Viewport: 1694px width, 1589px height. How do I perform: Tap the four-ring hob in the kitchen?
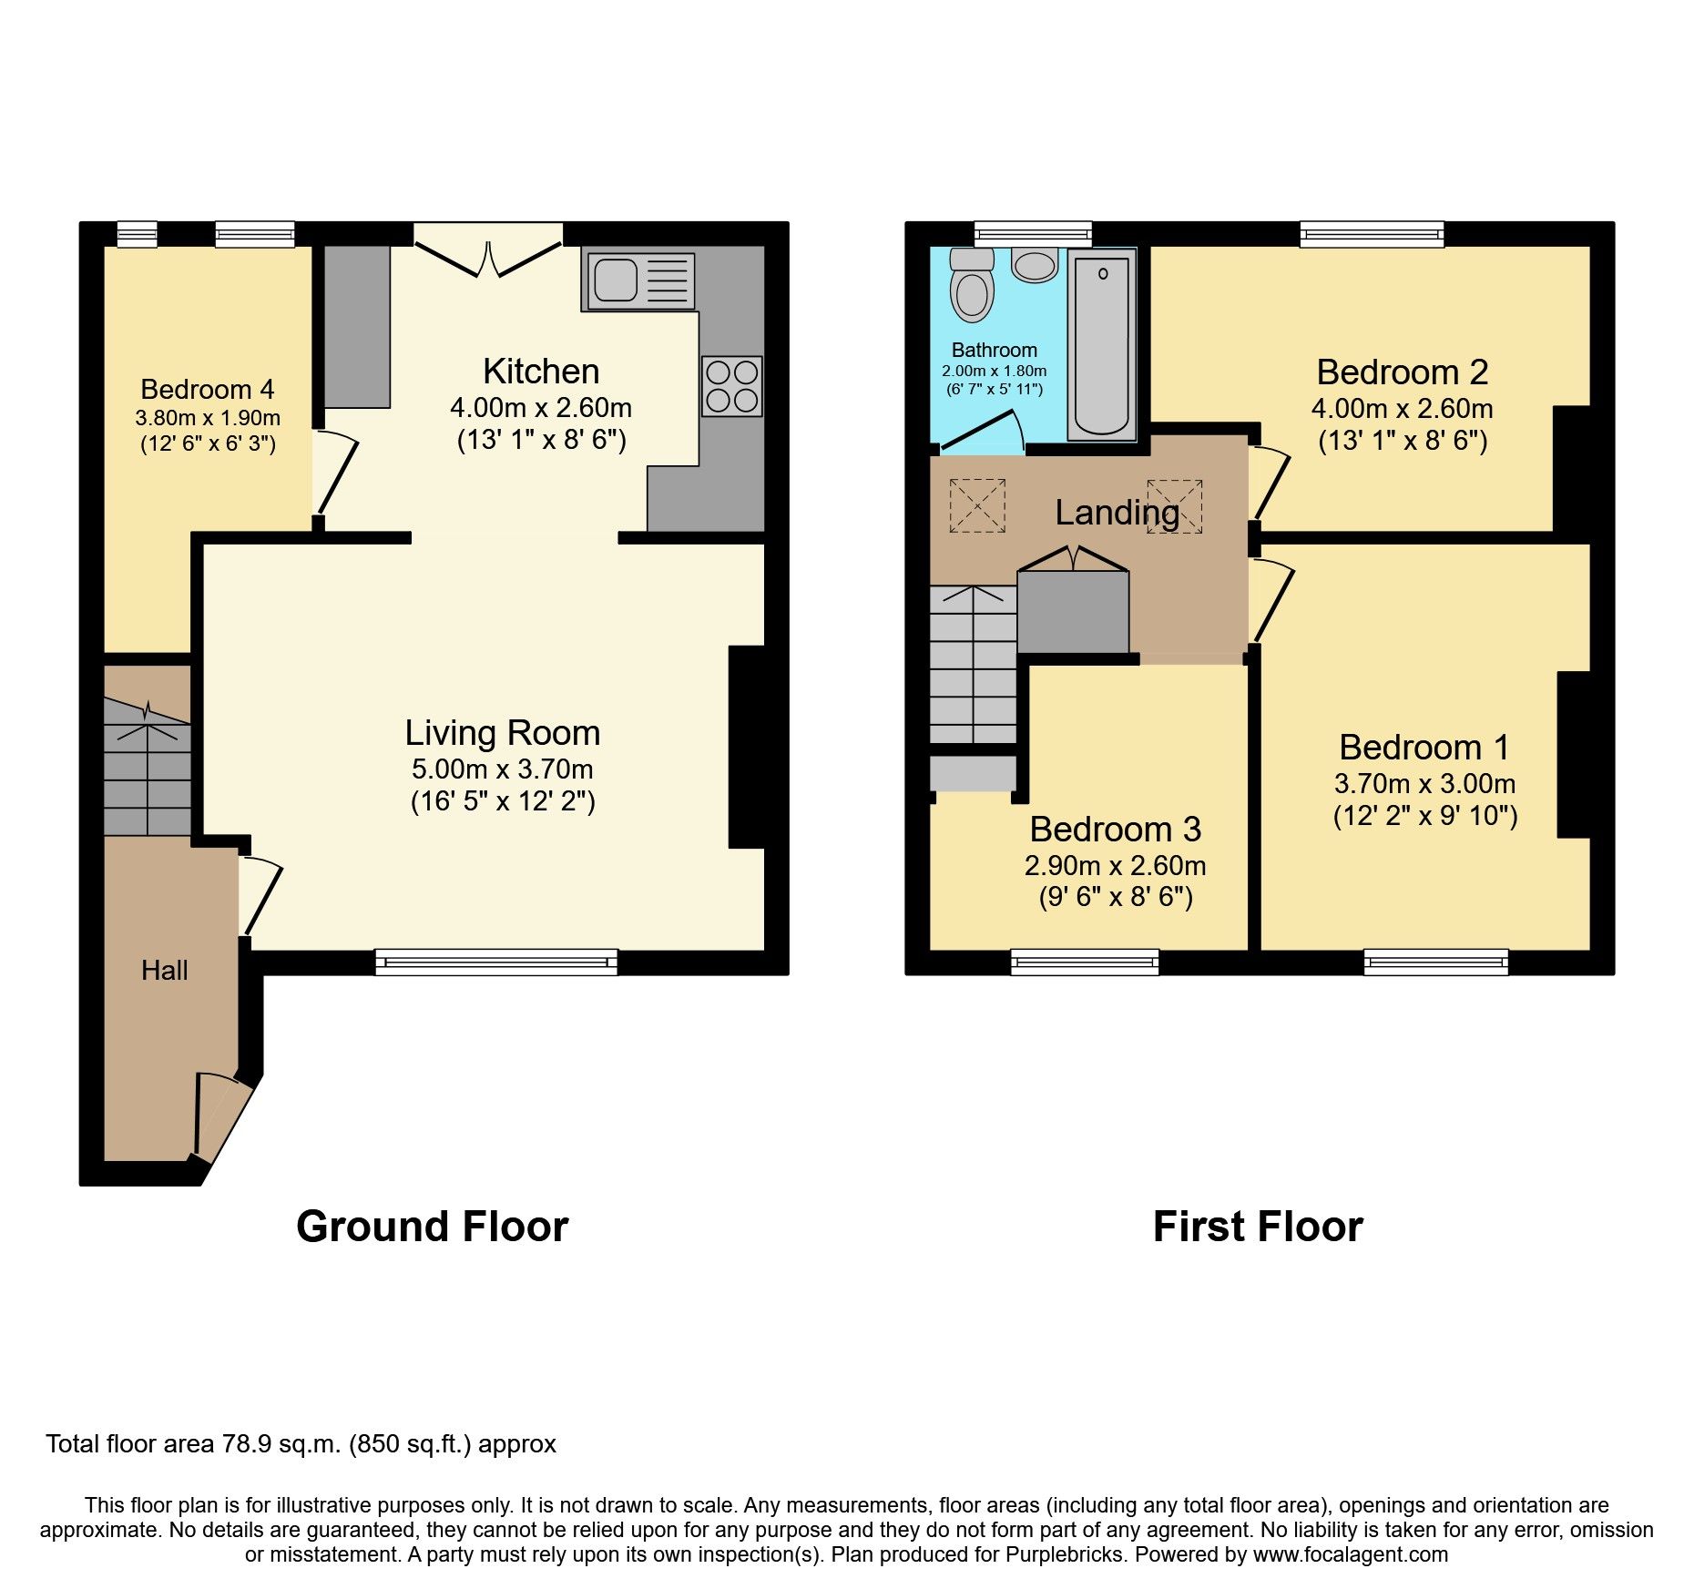[731, 386]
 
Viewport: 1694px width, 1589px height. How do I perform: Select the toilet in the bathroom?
[972, 287]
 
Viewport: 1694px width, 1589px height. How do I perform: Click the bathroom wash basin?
[1034, 265]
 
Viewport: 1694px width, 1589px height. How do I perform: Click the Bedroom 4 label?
[207, 390]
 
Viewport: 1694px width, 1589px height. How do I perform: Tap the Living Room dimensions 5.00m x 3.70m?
[502, 769]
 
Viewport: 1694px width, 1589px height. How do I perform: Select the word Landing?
[1117, 513]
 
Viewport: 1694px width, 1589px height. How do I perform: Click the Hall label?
[164, 971]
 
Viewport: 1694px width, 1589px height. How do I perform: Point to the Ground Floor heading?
[432, 1227]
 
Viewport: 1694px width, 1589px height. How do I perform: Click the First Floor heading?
[1257, 1227]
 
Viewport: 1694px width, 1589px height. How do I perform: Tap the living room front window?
[496, 962]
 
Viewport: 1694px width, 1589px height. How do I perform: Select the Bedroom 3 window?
[1085, 962]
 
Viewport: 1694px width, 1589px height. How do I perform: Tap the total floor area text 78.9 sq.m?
[301, 1444]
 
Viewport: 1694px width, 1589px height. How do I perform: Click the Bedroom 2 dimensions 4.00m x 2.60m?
[1402, 409]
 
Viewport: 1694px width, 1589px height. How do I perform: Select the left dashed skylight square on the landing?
[977, 505]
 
